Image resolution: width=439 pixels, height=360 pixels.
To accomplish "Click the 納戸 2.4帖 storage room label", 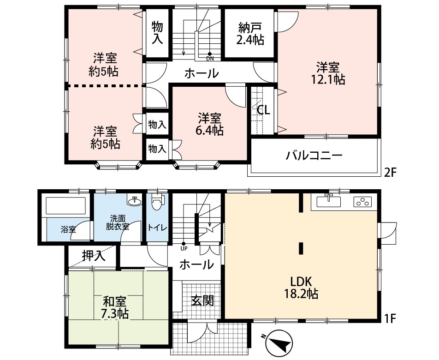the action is (250, 34).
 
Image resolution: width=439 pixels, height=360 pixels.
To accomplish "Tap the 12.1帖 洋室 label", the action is (328, 73).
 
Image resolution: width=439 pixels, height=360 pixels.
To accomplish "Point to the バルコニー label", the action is (314, 155).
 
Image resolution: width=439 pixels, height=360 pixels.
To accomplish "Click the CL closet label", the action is (263, 110).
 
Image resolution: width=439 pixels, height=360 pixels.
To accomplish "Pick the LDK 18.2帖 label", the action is (301, 288).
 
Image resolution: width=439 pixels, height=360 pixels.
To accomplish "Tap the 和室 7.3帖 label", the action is (115, 307).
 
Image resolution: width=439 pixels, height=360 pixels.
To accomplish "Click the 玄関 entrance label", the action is (203, 301).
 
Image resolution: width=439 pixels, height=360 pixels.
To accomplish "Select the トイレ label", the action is (157, 228).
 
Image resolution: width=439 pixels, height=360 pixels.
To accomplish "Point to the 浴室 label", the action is (68, 230).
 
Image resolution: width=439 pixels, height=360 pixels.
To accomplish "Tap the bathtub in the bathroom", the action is (66, 206).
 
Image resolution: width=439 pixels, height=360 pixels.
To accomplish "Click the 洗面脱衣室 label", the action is (118, 222).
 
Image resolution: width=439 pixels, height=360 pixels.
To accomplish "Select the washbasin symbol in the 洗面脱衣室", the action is (135, 199).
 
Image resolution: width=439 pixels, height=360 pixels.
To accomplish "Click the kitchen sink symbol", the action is (329, 201).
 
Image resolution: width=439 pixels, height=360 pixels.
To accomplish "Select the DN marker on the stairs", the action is (210, 57).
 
